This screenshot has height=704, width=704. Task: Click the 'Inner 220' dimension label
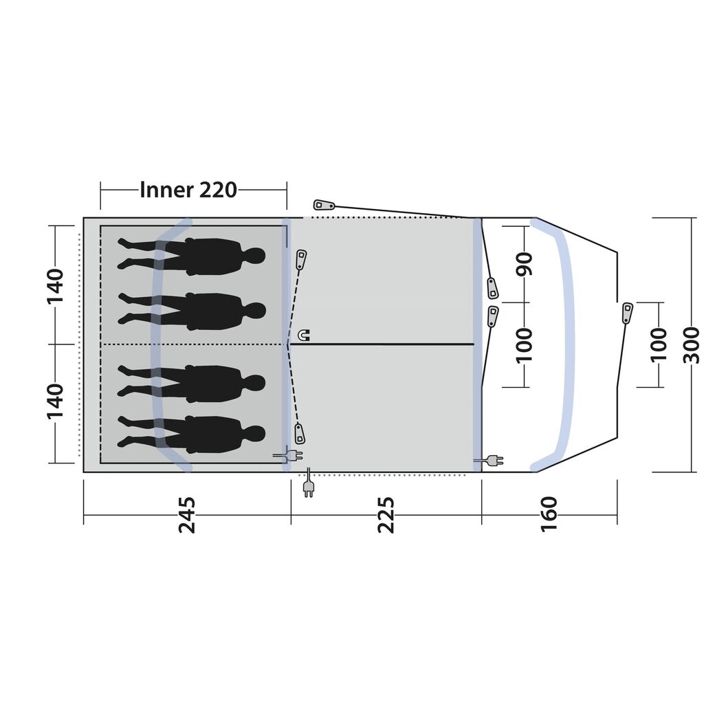coord(188,190)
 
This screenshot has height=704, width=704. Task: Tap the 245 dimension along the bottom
coord(187,514)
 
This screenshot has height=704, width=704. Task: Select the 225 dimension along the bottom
coord(386,514)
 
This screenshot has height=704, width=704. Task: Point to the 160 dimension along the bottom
coord(549,514)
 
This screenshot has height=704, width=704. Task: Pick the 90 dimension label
coord(524,263)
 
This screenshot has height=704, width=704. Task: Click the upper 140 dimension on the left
coord(56,287)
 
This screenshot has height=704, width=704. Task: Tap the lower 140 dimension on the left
coord(56,401)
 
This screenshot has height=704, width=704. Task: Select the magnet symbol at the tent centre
coord(304,335)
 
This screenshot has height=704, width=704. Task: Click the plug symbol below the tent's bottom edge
coord(309,483)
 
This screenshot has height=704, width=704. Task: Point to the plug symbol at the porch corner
coord(489,460)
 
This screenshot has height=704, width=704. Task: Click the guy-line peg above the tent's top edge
coord(324,206)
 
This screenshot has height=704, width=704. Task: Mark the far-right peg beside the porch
coord(627,313)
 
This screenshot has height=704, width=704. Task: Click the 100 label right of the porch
coord(659,345)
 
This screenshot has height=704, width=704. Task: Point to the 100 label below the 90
coord(524,345)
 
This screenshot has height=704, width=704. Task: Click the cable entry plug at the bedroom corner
coord(288,455)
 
